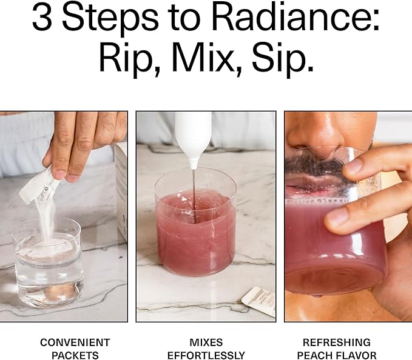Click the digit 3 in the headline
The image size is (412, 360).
point(42,18)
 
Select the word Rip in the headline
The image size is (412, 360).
point(126,59)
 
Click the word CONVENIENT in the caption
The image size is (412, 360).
point(75,342)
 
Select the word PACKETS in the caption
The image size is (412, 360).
point(75,355)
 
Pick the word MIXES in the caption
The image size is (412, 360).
point(206,342)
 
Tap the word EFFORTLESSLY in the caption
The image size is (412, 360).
point(206,355)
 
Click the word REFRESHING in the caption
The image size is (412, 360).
point(337,342)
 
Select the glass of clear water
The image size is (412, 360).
point(48,262)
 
